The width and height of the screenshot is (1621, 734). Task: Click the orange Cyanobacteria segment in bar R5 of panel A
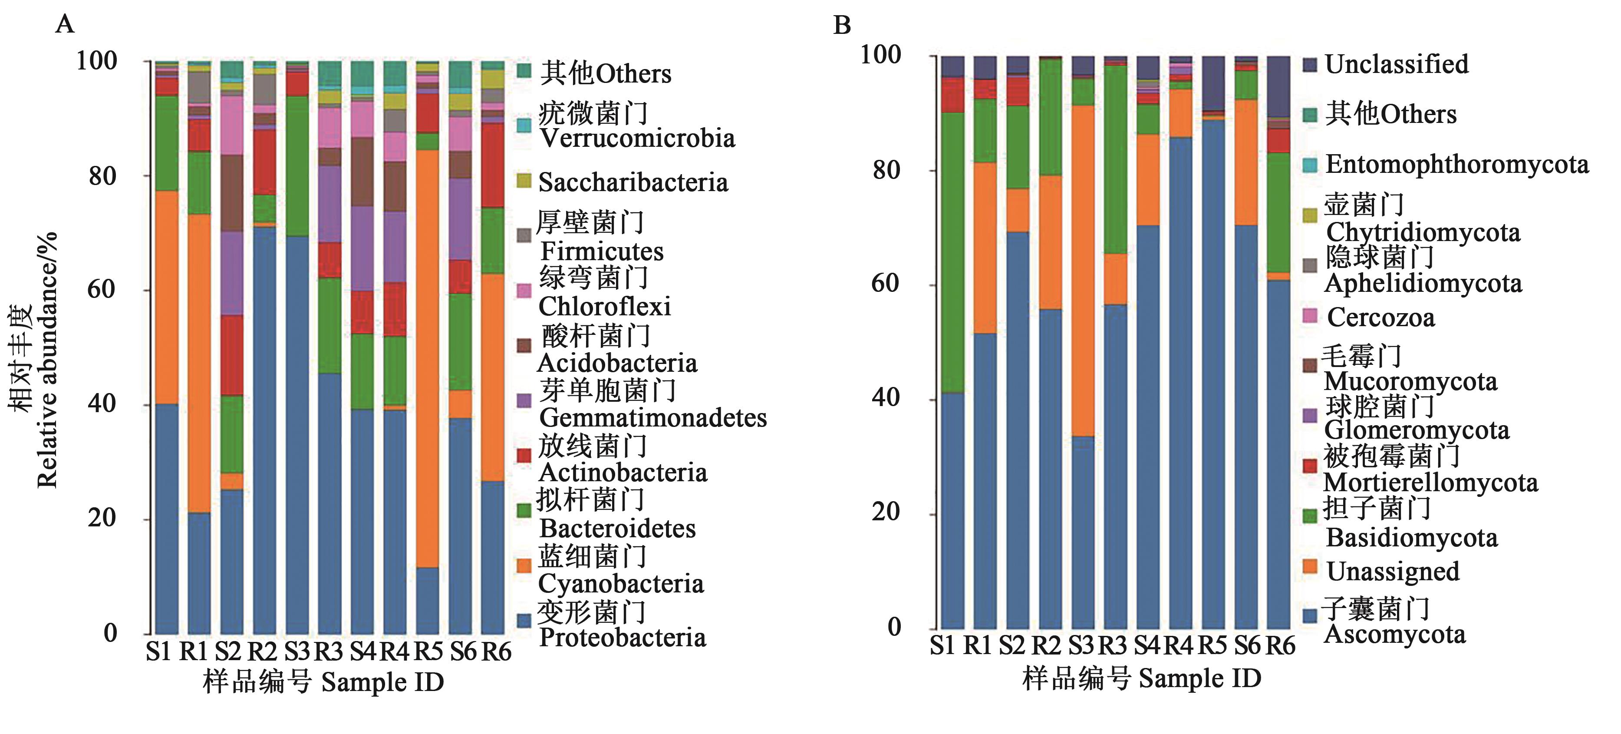427,359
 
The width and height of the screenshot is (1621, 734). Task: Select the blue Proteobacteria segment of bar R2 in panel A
264,428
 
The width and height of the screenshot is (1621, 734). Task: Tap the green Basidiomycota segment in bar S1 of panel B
952,252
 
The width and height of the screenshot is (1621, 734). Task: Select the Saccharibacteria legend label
633,182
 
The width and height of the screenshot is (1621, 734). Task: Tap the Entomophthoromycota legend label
1457,164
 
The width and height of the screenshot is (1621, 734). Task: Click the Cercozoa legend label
1380,317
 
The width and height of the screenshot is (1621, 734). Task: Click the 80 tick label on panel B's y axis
886,170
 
